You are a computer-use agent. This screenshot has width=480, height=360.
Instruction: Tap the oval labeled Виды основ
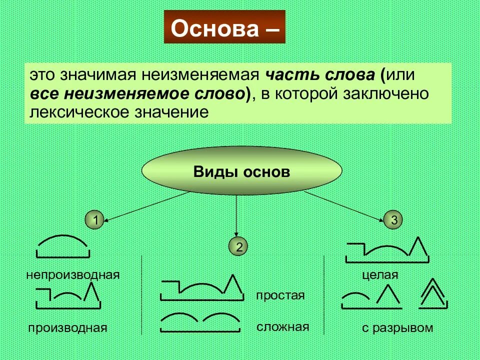click(x=242, y=172)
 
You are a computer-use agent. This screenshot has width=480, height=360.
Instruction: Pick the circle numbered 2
click(x=239, y=246)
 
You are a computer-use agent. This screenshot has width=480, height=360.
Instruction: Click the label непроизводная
click(x=73, y=274)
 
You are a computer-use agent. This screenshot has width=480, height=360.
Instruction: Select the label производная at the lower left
click(x=68, y=328)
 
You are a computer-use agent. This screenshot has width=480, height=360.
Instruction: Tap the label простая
click(x=280, y=295)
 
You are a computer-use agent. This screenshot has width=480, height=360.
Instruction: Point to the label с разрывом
click(x=398, y=328)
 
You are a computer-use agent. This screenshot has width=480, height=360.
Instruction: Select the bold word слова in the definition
click(x=348, y=76)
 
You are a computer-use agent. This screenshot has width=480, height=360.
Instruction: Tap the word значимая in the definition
click(x=100, y=76)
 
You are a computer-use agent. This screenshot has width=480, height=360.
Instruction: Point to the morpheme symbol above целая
click(x=387, y=249)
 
